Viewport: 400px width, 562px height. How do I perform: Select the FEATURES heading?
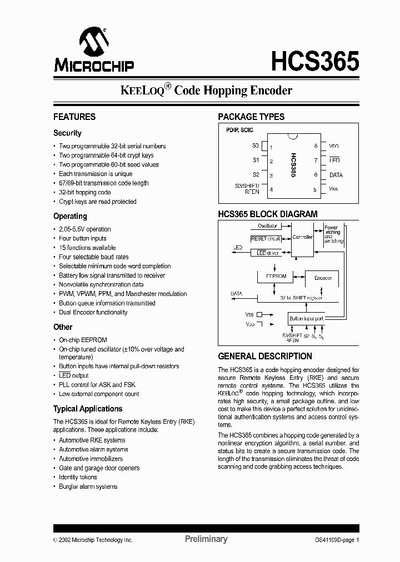(74, 117)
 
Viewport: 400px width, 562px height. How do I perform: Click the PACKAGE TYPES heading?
(251, 117)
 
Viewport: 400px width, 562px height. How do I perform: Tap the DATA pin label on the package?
(336, 175)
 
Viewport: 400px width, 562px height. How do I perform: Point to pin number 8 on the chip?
(316, 146)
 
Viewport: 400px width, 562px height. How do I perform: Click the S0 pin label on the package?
(256, 146)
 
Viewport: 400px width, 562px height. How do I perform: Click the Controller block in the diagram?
(303, 237)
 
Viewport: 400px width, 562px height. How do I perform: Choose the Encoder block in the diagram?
(323, 278)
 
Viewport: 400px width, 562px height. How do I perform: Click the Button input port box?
(306, 319)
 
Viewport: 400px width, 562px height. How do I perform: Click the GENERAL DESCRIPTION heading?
(265, 357)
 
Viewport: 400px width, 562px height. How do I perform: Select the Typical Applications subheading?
(88, 409)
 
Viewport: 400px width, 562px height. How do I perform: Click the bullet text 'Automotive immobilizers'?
(91, 459)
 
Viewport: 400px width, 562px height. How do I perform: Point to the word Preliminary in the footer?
(206, 539)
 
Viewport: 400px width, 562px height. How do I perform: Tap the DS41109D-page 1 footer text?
(333, 540)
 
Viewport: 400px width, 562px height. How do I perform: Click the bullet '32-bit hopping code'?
(85, 192)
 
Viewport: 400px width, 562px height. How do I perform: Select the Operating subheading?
(70, 216)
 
